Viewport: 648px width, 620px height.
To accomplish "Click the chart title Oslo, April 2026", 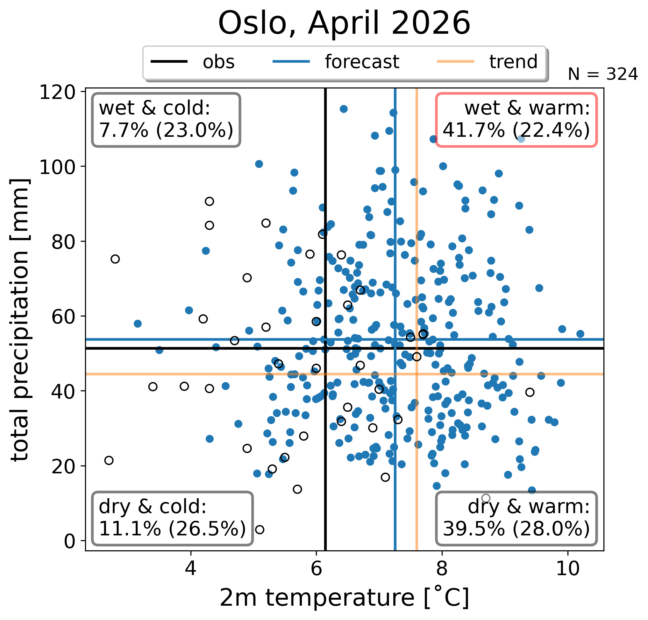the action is click(344, 23).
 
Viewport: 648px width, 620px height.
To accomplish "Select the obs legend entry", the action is click(193, 62).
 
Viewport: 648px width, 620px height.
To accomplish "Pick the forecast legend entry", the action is click(336, 62).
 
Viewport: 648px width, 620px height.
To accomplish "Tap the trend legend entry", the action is click(487, 62).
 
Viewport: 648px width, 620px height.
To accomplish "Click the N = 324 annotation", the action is click(603, 74).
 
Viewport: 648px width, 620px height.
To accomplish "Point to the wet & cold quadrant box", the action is click(166, 120).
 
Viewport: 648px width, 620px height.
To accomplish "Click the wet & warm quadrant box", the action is click(516, 120).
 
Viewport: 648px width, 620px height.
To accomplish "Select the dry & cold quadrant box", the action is click(173, 518).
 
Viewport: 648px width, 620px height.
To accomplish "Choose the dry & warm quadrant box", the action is click(516, 518).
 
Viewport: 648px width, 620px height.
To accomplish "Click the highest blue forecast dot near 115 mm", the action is click(344, 109).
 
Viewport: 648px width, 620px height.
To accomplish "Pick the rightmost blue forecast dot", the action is click(580, 334).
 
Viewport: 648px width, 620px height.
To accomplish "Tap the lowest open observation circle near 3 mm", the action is click(260, 529).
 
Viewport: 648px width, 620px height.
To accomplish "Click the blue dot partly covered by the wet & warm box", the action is click(521, 139).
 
